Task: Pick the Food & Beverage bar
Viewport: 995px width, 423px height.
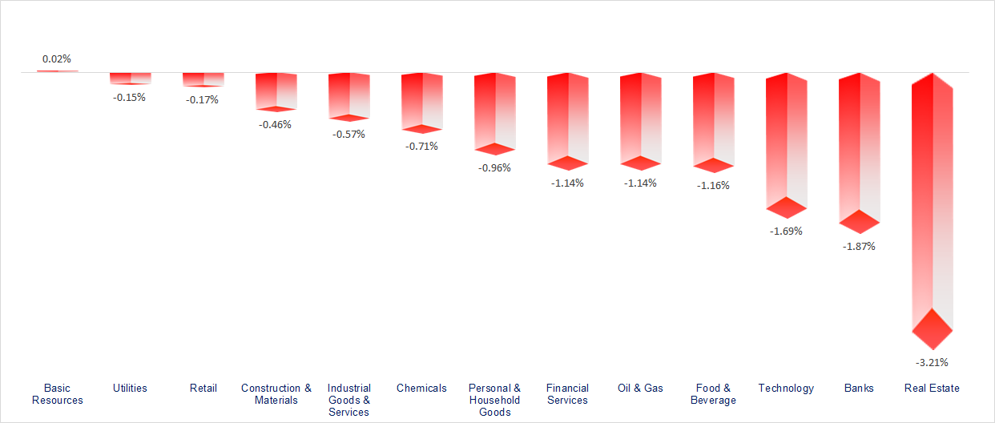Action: (713, 120)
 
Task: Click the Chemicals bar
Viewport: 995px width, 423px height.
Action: (421, 100)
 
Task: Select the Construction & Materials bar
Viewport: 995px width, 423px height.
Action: (276, 90)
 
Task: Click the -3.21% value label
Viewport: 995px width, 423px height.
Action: (932, 362)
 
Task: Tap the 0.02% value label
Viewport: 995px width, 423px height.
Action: (57, 59)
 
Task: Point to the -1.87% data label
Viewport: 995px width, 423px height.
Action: (859, 246)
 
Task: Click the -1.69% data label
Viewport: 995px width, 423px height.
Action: (786, 231)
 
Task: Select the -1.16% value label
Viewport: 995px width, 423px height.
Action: (713, 185)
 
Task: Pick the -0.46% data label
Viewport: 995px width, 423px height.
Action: (276, 124)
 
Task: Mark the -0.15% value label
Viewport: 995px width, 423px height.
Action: (130, 97)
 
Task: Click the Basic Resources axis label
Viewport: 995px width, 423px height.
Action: (58, 394)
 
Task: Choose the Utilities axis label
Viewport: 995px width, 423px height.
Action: (130, 388)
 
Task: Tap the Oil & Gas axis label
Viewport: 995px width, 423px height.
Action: (640, 388)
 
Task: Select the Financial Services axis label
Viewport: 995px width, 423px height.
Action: (567, 394)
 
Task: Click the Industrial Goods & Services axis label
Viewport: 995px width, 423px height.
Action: (348, 400)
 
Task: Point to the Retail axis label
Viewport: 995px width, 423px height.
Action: (203, 388)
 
